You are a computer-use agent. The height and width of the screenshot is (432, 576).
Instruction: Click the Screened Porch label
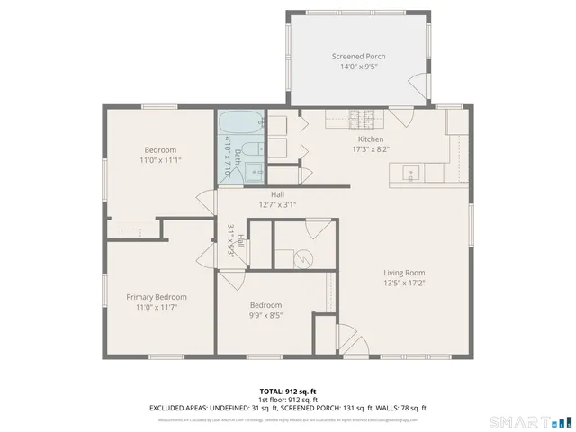coord(358,56)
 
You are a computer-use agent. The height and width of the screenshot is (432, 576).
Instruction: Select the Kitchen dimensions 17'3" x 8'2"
coord(371,151)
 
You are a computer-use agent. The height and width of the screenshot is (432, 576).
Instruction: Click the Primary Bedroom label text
coord(157,297)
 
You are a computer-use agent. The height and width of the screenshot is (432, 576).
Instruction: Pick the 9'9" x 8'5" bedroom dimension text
coord(265,316)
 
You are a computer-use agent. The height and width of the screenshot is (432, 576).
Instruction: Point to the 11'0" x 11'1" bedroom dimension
coord(161,160)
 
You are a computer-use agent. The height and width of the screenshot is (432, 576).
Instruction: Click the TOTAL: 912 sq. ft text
coord(287,391)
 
